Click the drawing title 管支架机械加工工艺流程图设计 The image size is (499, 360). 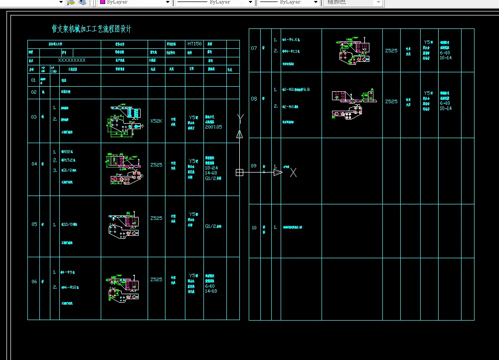pyautogui.click(x=92, y=29)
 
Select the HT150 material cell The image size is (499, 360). pyautogui.click(x=194, y=44)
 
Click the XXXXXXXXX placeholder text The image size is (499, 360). pyautogui.click(x=72, y=60)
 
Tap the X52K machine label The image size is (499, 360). pyautogui.click(x=157, y=121)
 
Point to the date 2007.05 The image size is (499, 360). pyautogui.click(x=213, y=127)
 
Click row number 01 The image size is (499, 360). pyautogui.click(x=34, y=80)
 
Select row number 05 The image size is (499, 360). pyautogui.click(x=34, y=224)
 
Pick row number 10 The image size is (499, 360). pyautogui.click(x=254, y=228)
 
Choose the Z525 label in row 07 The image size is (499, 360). pyautogui.click(x=391, y=50)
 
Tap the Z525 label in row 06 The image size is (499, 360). pyautogui.click(x=157, y=280)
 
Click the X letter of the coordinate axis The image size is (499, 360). pyautogui.click(x=294, y=173)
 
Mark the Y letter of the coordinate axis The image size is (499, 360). pyautogui.click(x=240, y=118)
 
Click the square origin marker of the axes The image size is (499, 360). pyautogui.click(x=240, y=173)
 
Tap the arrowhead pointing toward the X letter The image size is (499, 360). pyautogui.click(x=278, y=173)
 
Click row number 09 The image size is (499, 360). pyautogui.click(x=254, y=166)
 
